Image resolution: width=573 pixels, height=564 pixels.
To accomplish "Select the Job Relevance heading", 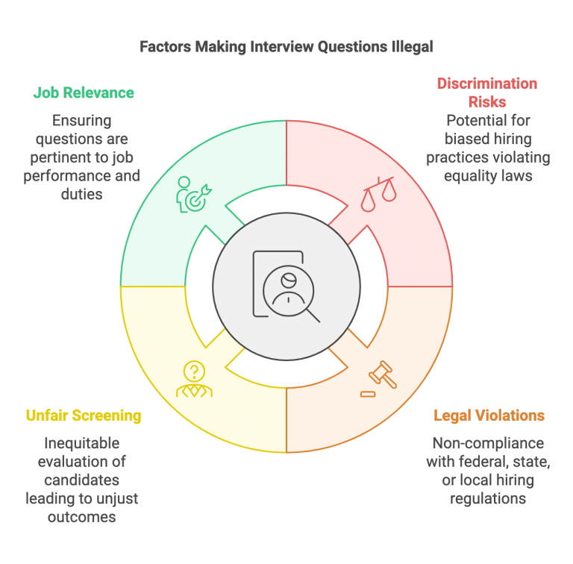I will tap(84, 93).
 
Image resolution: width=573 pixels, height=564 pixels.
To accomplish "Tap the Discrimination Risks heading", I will tap(486, 93).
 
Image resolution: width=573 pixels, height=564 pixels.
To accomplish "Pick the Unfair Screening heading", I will tap(84, 416).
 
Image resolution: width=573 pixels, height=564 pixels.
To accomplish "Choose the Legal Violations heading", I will tap(489, 416).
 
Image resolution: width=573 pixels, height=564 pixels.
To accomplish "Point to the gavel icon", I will tap(378, 379).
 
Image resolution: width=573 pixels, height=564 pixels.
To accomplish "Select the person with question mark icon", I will tap(193, 379).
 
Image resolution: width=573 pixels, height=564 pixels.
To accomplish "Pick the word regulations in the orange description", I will tap(489, 498).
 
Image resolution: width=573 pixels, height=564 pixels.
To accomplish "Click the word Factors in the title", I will tap(165, 47).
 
